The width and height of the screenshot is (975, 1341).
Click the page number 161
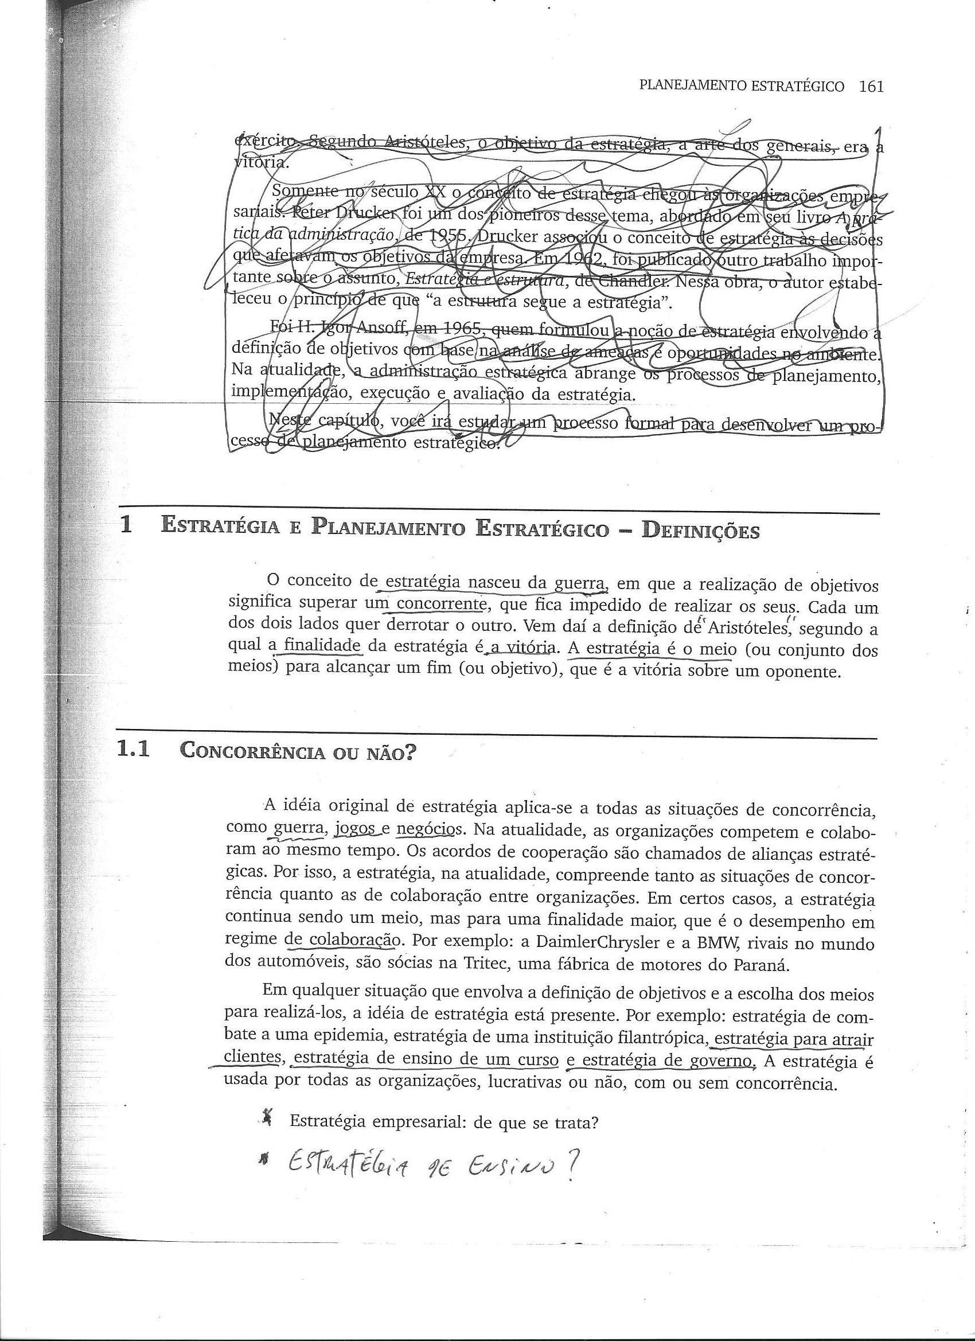coord(871,87)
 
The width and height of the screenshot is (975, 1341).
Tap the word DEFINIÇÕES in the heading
coord(700,531)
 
